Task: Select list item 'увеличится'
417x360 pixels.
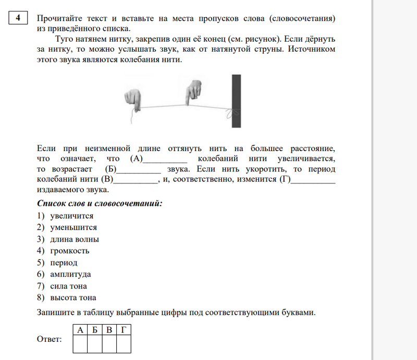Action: [x=71, y=216]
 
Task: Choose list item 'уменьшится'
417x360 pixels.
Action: [x=73, y=227]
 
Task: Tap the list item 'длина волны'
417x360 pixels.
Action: [x=74, y=239]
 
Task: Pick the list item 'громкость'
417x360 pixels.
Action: [x=70, y=251]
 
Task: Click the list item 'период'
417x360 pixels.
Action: [x=64, y=263]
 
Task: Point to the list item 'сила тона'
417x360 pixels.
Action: [x=68, y=286]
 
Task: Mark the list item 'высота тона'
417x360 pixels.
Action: [x=73, y=297]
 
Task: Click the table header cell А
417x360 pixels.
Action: [x=80, y=330]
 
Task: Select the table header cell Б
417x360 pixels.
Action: [x=94, y=330]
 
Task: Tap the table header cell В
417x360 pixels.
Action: [x=109, y=330]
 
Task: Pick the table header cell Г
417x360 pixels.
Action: [x=124, y=330]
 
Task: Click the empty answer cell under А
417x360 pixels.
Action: [x=80, y=344]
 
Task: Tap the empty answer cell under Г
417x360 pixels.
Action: [x=124, y=344]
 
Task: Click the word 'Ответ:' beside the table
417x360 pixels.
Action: [x=49, y=340]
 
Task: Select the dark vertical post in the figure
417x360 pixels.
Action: [x=237, y=101]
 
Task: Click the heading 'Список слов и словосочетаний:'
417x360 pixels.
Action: [x=100, y=203]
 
